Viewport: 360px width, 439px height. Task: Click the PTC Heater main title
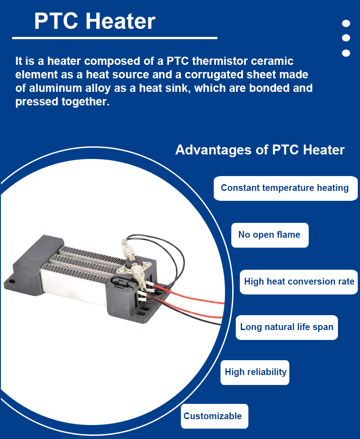[94, 21]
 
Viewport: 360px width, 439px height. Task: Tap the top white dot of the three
[346, 23]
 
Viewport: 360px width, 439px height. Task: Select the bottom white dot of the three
[346, 53]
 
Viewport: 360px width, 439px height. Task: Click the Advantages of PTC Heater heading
[260, 150]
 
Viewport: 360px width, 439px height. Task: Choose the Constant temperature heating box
[286, 188]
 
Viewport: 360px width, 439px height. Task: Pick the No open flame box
[270, 235]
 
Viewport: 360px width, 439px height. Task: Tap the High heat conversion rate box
[299, 282]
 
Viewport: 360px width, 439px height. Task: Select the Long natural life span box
[287, 328]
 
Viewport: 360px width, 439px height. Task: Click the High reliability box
[255, 372]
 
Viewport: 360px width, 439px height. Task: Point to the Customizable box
[215, 416]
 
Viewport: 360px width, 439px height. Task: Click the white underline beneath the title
[115, 38]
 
